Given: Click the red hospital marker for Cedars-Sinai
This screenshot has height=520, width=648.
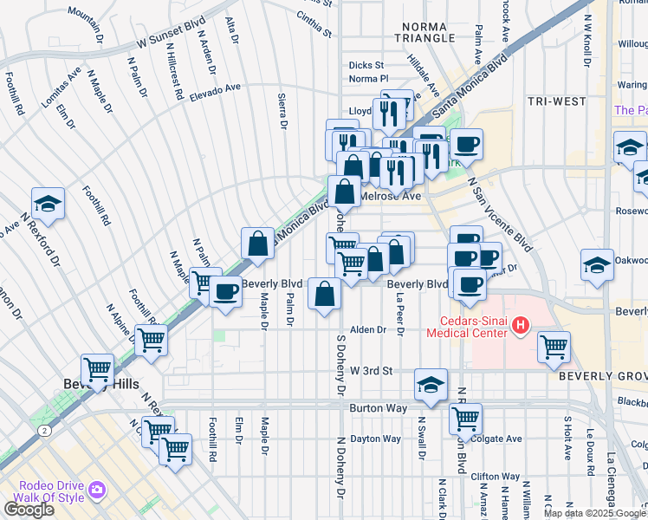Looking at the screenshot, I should click(521, 326).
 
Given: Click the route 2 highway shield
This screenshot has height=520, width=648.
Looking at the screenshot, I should click(42, 430).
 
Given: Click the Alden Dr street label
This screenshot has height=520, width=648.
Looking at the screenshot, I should click(367, 330).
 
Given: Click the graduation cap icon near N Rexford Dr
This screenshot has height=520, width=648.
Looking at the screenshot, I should click(49, 203).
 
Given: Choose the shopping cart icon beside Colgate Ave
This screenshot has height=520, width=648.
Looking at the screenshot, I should click(465, 419).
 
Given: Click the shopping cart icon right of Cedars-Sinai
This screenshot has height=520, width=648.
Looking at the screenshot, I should click(554, 347).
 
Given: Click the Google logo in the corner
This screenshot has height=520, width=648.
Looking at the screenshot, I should click(29, 510).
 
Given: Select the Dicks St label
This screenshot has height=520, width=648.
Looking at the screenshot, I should click(366, 65).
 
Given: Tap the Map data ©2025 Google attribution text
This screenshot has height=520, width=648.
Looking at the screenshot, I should click(594, 513).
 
